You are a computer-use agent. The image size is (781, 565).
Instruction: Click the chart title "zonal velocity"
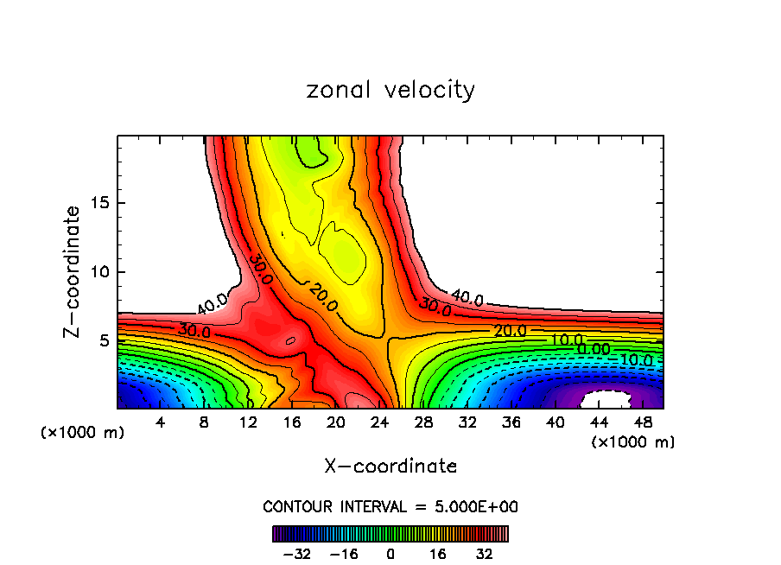(390, 90)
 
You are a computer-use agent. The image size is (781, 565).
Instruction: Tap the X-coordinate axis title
(390, 467)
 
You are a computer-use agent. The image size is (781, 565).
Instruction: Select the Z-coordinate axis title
(74, 271)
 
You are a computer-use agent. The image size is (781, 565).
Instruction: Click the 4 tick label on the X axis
(160, 422)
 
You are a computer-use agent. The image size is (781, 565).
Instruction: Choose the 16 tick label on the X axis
(292, 422)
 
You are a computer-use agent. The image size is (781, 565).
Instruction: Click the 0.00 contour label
(594, 349)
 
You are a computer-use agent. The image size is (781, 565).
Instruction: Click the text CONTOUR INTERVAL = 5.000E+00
(390, 506)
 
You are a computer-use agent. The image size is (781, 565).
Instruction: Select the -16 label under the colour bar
(343, 553)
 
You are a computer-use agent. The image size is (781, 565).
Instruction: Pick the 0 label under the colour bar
(390, 553)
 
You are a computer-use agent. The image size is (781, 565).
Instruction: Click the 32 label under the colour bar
(485, 553)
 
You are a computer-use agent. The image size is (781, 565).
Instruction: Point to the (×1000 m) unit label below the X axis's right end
(633, 441)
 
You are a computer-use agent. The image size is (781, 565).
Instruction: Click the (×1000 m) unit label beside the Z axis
(83, 432)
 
